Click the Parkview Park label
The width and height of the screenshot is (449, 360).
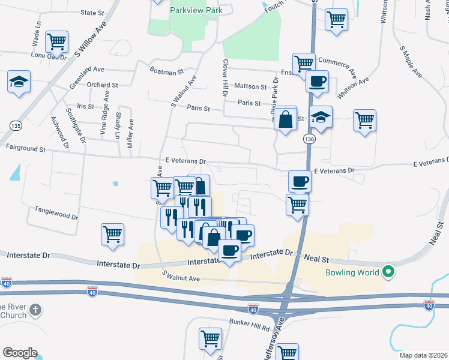196,10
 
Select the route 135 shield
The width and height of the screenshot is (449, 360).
16,125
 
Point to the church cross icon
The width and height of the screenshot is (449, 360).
35,310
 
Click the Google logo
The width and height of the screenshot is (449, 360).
20,352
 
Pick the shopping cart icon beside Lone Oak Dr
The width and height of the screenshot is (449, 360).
57,41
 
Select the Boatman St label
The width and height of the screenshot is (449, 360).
166,71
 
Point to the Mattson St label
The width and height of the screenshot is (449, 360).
250,86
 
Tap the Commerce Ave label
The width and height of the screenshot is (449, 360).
337,61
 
